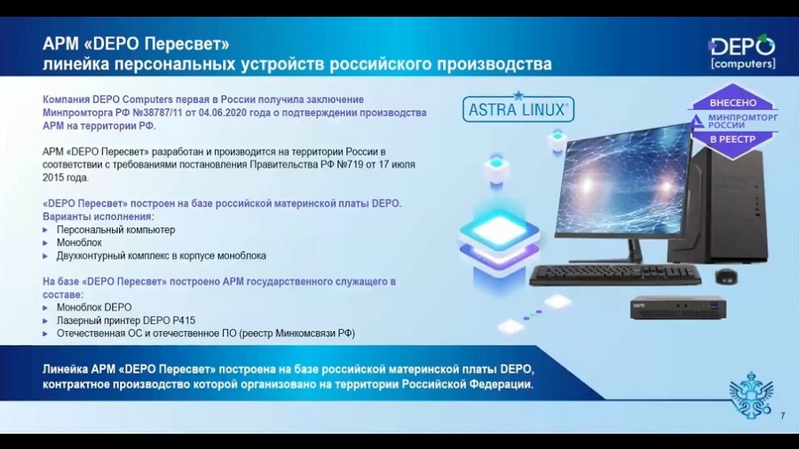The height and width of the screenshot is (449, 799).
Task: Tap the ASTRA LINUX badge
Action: click(518, 107)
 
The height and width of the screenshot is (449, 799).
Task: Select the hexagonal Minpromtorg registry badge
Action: click(732, 122)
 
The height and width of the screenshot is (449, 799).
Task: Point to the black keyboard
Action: click(615, 275)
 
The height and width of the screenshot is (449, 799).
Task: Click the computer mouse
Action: click(725, 276)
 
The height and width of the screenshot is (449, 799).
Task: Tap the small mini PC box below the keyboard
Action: click(678, 308)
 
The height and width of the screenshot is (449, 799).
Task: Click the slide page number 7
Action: click(783, 416)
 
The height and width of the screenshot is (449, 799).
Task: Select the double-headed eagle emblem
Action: click(751, 395)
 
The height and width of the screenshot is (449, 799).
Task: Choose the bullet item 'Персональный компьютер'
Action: click(115, 230)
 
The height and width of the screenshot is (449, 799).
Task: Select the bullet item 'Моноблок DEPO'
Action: click(94, 308)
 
